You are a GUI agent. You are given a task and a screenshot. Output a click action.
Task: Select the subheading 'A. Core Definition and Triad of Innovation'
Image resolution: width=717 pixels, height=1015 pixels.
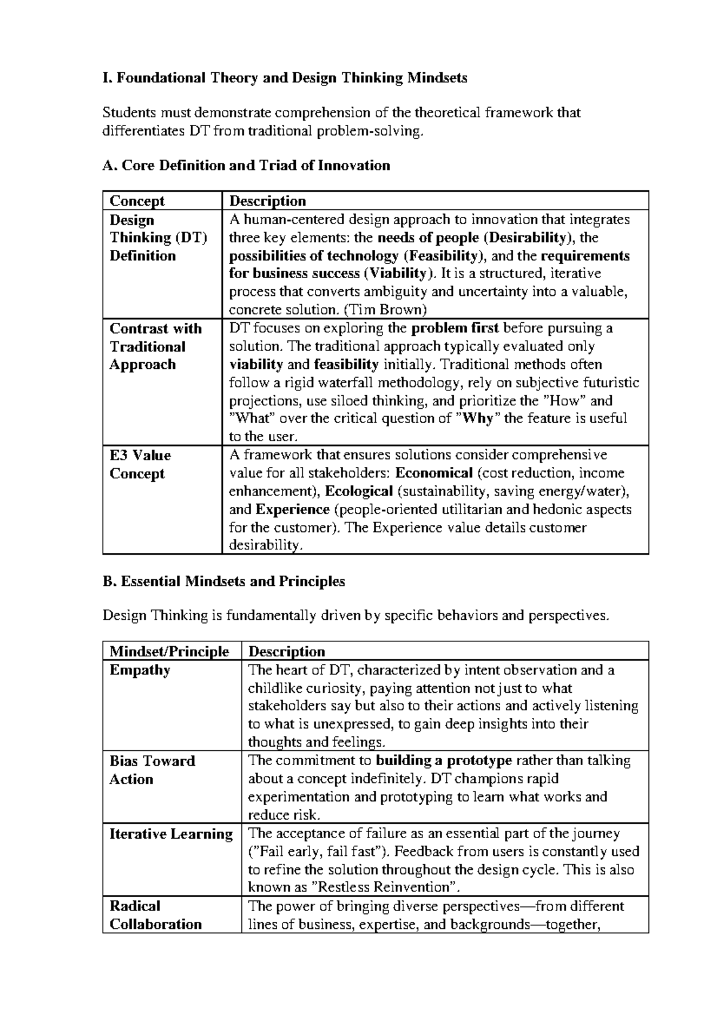[246, 166]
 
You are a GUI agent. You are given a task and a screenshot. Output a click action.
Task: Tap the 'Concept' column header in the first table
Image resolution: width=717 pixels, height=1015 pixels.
[137, 201]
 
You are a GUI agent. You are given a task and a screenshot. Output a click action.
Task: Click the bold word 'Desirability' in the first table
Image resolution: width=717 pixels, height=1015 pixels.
[525, 238]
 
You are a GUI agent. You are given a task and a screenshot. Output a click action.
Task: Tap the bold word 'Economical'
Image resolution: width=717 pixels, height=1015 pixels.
[434, 473]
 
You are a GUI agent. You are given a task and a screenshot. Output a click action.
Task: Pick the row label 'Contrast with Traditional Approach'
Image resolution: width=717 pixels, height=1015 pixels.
[155, 347]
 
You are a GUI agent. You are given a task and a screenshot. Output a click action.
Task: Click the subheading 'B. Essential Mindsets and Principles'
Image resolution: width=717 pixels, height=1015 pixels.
[223, 581]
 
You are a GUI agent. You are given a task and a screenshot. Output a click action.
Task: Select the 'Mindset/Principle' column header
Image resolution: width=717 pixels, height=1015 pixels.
[169, 652]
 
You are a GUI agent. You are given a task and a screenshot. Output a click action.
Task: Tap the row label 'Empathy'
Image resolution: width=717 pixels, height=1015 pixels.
[140, 670]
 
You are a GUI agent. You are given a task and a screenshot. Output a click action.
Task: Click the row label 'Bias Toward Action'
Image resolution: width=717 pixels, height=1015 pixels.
[152, 770]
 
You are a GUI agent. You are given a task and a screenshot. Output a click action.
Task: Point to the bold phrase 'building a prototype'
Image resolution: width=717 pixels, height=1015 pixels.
[444, 761]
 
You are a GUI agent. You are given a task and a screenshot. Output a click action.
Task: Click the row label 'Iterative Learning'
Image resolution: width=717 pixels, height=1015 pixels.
[171, 834]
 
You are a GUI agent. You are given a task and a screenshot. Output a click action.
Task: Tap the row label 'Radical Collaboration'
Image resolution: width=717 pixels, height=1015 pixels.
[155, 915]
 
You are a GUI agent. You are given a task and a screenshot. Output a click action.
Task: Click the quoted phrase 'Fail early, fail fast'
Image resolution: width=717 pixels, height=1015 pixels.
[317, 851]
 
